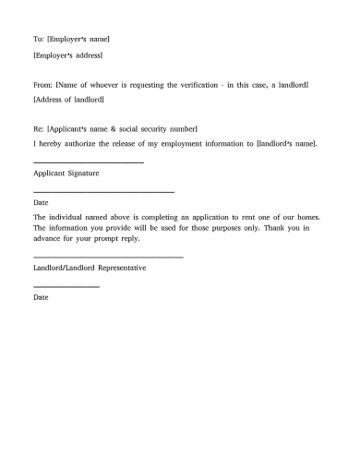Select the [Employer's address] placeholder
pos(67,55)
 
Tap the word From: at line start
pos(42,85)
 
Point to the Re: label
pos(38,129)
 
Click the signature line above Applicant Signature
pos(88,162)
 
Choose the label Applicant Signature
pos(66,173)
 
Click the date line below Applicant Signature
pos(103,191)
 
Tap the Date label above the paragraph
pos(40,202)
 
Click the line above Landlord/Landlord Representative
pos(108,256)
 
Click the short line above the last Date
pos(66,287)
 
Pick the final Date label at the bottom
pos(40,298)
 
